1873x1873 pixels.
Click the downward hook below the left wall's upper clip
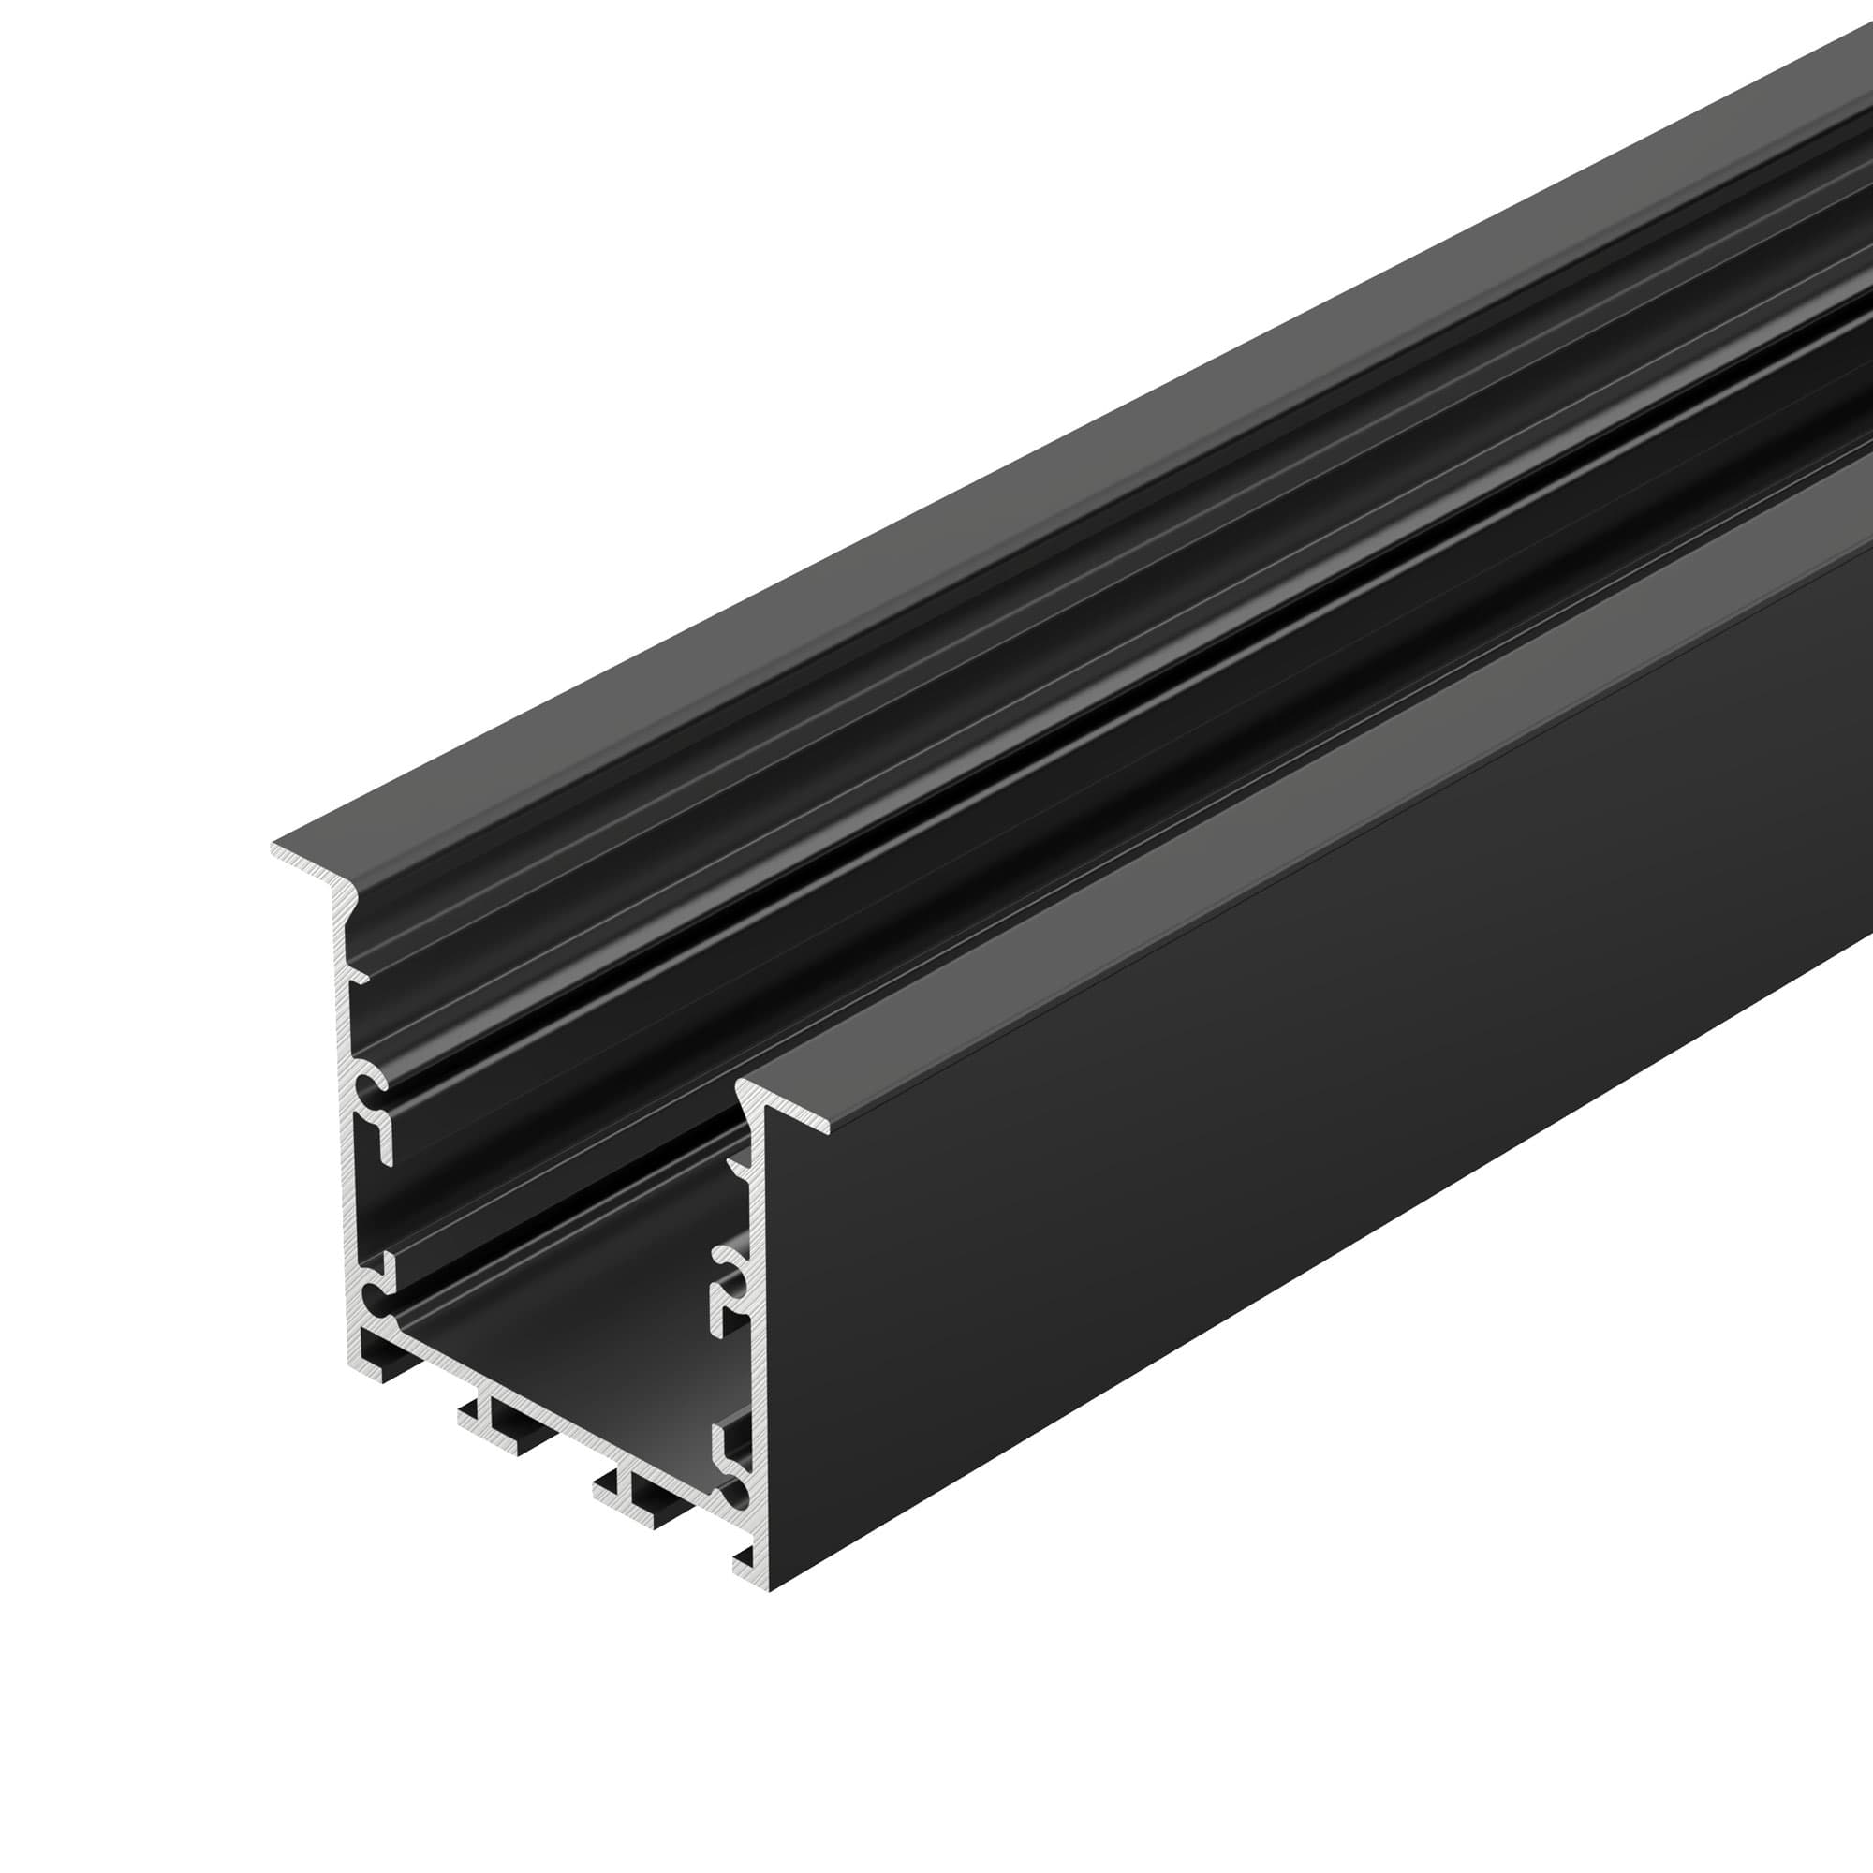click(385, 1150)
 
